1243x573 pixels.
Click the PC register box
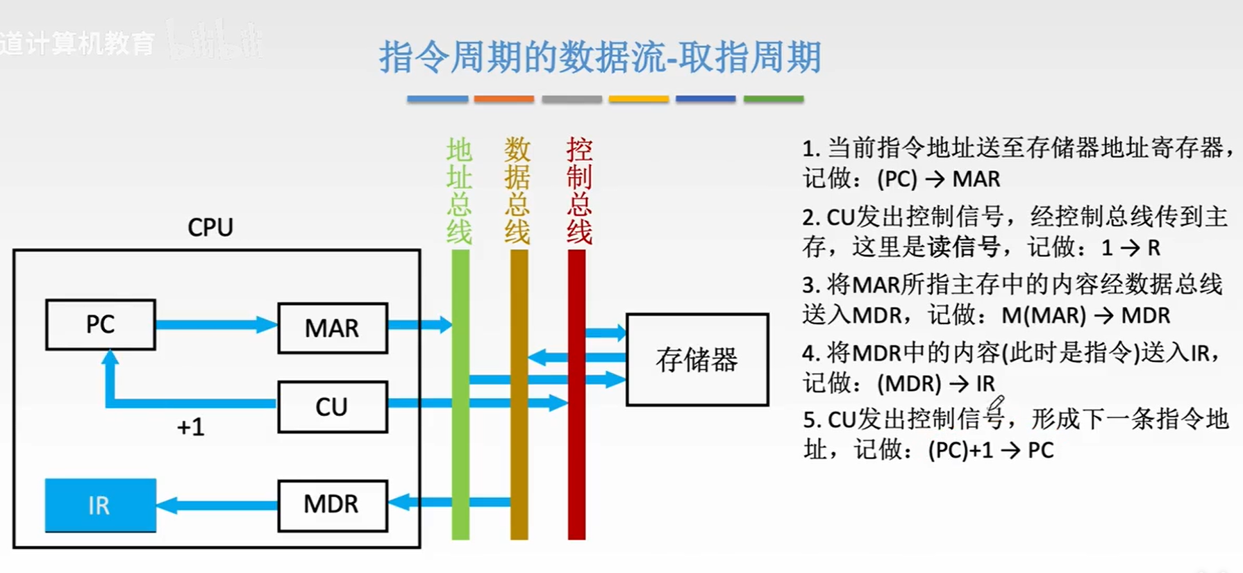[100, 324]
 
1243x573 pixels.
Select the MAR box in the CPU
[332, 328]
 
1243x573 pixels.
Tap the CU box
[332, 407]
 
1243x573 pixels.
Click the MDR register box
[332, 505]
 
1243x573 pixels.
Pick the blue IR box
[100, 506]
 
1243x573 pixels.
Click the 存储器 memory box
[696, 360]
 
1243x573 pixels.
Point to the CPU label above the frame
[210, 228]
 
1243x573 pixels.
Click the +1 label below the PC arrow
[190, 427]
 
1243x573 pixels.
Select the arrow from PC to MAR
[215, 324]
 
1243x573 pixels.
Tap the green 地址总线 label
[459, 190]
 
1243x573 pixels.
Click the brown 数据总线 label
[517, 190]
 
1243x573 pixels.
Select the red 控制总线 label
[578, 190]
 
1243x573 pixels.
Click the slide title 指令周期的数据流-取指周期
[600, 57]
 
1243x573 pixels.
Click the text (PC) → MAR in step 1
[938, 179]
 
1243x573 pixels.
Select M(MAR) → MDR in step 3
[1085, 315]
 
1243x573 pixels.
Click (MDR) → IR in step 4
[935, 383]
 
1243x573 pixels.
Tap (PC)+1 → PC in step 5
[990, 450]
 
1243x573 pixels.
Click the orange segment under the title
[503, 99]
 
